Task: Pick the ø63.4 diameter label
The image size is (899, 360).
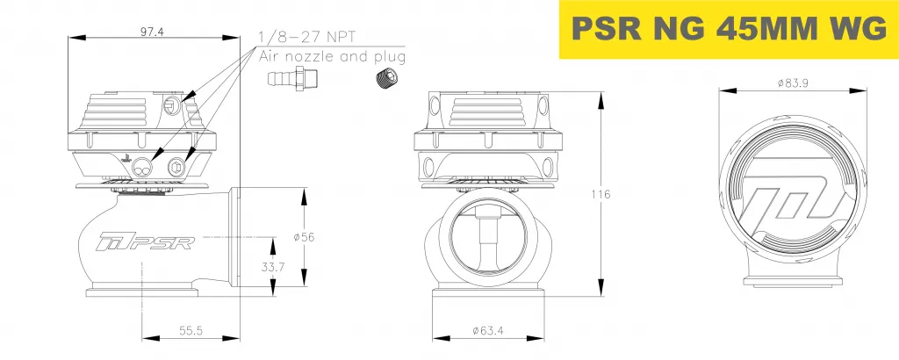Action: click(x=487, y=330)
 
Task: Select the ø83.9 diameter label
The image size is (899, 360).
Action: click(x=793, y=83)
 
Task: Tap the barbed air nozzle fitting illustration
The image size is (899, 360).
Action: click(x=293, y=80)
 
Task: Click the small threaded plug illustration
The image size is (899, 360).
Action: click(x=383, y=80)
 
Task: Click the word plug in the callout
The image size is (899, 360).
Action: click(x=389, y=57)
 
